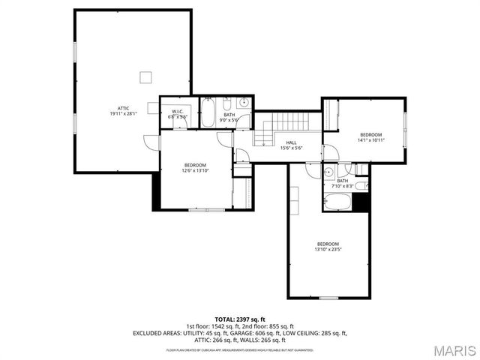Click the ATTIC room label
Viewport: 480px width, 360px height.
pos(124,108)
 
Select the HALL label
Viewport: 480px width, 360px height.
pos(291,142)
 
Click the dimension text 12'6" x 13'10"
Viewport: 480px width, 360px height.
pos(195,170)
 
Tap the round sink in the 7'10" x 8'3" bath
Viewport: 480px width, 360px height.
pos(328,172)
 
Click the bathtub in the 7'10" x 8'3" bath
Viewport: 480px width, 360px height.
pos(340,200)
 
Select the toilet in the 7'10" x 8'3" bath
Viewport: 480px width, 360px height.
pos(361,185)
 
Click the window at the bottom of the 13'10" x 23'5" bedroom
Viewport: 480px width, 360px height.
pos(328,298)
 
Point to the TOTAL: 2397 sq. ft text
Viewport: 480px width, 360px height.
pos(240,319)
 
